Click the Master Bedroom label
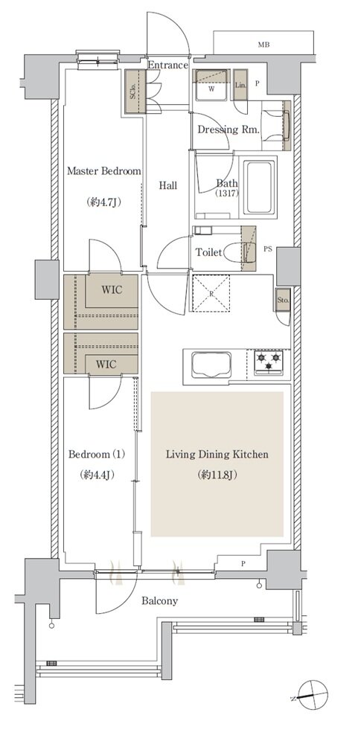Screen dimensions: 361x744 click(x=104, y=171)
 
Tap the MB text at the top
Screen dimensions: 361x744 click(x=263, y=45)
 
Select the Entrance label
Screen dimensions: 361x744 click(x=167, y=65)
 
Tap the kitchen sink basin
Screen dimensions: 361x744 click(x=211, y=365)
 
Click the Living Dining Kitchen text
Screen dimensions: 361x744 click(x=217, y=455)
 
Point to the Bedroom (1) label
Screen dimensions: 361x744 click(x=97, y=455)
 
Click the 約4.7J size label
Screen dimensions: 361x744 click(x=104, y=202)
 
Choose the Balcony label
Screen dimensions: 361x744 click(x=159, y=601)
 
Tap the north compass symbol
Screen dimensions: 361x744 click(x=310, y=696)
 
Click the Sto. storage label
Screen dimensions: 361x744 click(x=283, y=301)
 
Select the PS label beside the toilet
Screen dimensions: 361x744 click(x=268, y=248)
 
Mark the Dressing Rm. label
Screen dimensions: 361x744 click(x=229, y=129)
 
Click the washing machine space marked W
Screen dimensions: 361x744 click(x=211, y=86)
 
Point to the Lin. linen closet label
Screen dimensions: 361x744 click(x=240, y=85)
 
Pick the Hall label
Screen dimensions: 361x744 click(x=167, y=185)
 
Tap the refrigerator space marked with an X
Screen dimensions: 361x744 click(x=211, y=293)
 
